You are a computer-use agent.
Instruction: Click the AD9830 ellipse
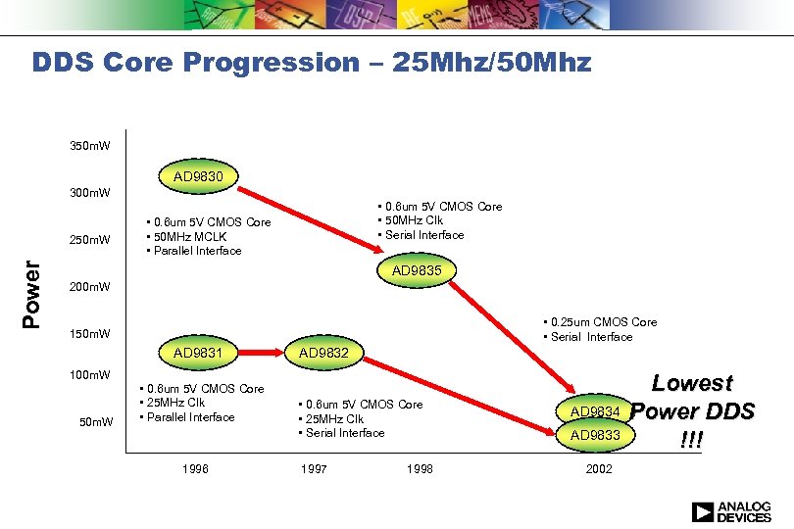(198, 177)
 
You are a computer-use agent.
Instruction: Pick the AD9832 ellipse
(323, 353)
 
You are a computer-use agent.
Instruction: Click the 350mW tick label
(90, 146)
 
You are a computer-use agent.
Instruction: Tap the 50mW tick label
(96, 422)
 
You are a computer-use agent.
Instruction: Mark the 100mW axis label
(90, 375)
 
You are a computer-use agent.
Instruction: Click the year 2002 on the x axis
(599, 469)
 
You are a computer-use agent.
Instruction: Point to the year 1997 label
(313, 469)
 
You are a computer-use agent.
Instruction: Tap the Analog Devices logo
(730, 511)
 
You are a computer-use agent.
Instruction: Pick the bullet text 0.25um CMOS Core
(602, 322)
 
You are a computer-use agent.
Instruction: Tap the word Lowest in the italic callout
(693, 383)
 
